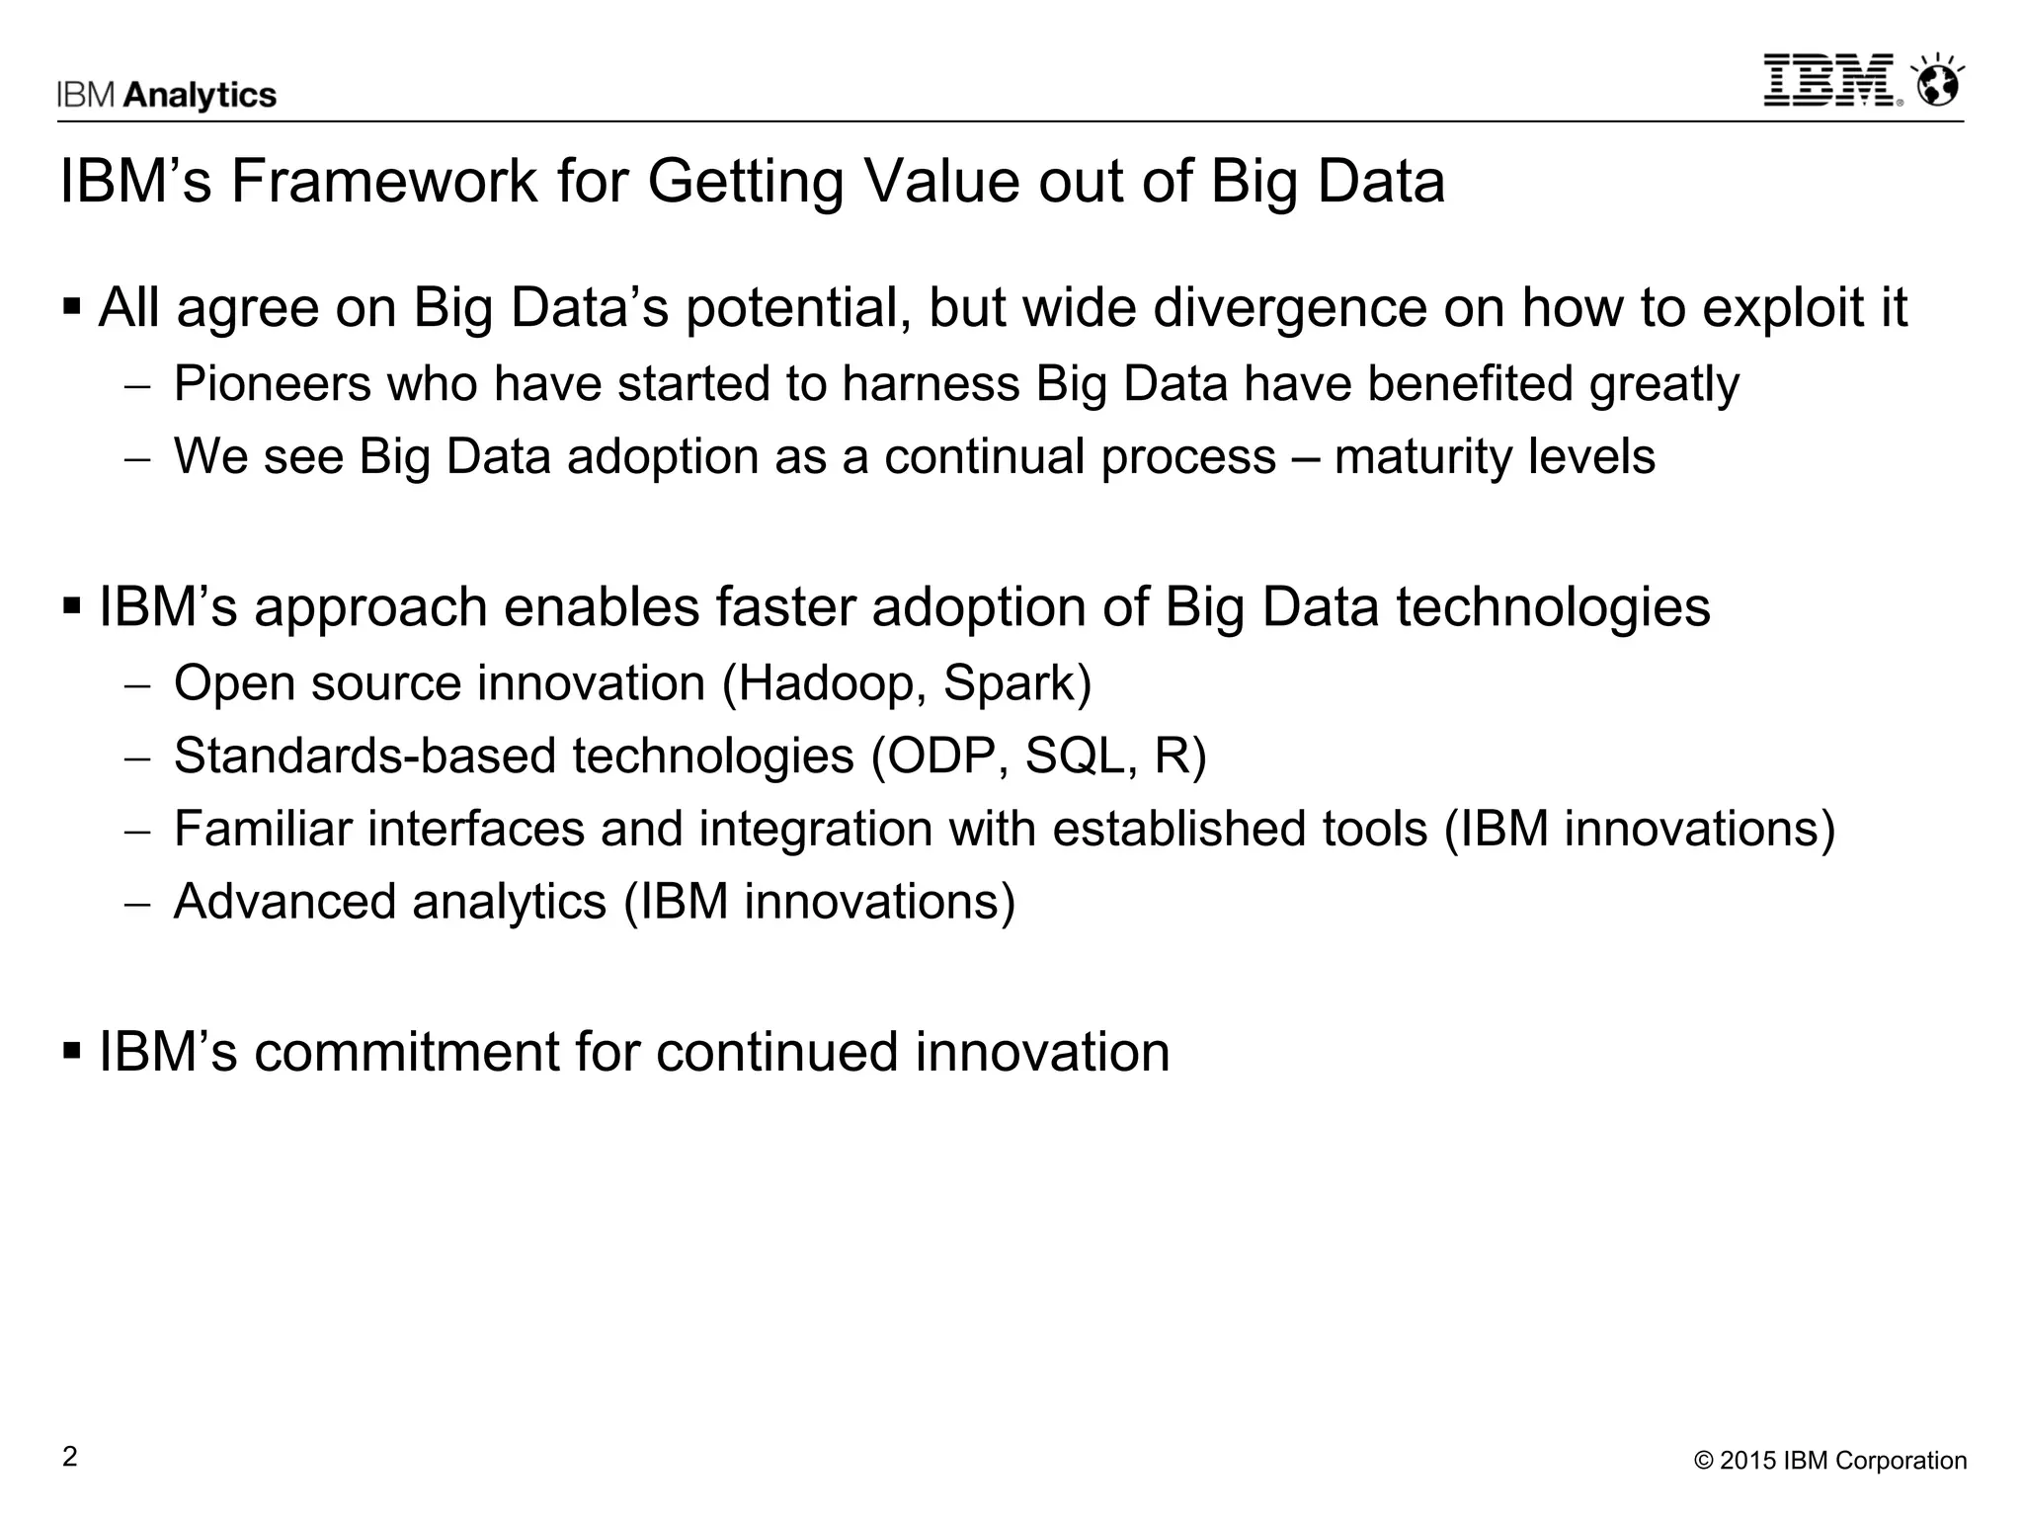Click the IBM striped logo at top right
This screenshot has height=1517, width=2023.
(1830, 80)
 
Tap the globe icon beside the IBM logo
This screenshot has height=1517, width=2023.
(1937, 84)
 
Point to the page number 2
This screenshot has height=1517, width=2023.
(69, 1457)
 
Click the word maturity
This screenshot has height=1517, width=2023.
(1417, 457)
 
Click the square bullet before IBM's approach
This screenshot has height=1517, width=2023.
(72, 604)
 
